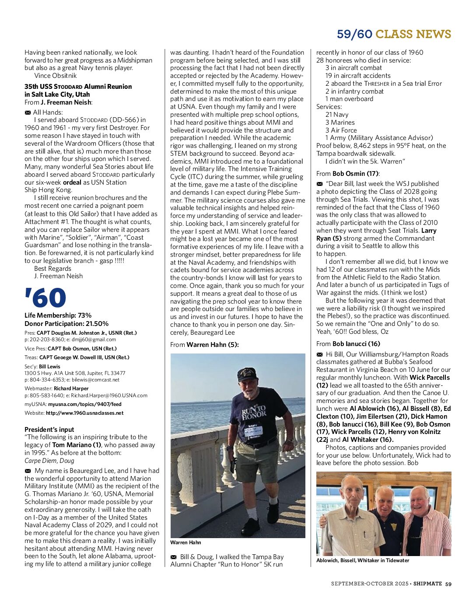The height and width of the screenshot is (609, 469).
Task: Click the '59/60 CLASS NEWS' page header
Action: click(394, 34)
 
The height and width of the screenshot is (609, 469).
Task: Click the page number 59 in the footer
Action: click(448, 584)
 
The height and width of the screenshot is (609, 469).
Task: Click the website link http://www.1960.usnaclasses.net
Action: click(84, 413)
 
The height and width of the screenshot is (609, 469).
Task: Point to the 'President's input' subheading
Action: click(49, 430)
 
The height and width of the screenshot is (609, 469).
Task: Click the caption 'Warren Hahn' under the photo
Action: click(185, 542)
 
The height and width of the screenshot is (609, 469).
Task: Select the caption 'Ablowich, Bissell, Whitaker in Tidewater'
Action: click(363, 560)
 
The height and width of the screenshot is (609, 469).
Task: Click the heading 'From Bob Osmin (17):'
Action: click(348, 174)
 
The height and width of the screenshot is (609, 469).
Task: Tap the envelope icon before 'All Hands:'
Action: click(28, 113)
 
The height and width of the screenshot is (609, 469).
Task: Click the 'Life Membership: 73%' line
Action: click(58, 315)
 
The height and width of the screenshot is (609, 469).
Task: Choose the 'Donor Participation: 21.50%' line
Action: click(66, 324)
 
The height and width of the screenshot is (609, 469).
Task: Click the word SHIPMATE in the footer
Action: click(427, 584)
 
